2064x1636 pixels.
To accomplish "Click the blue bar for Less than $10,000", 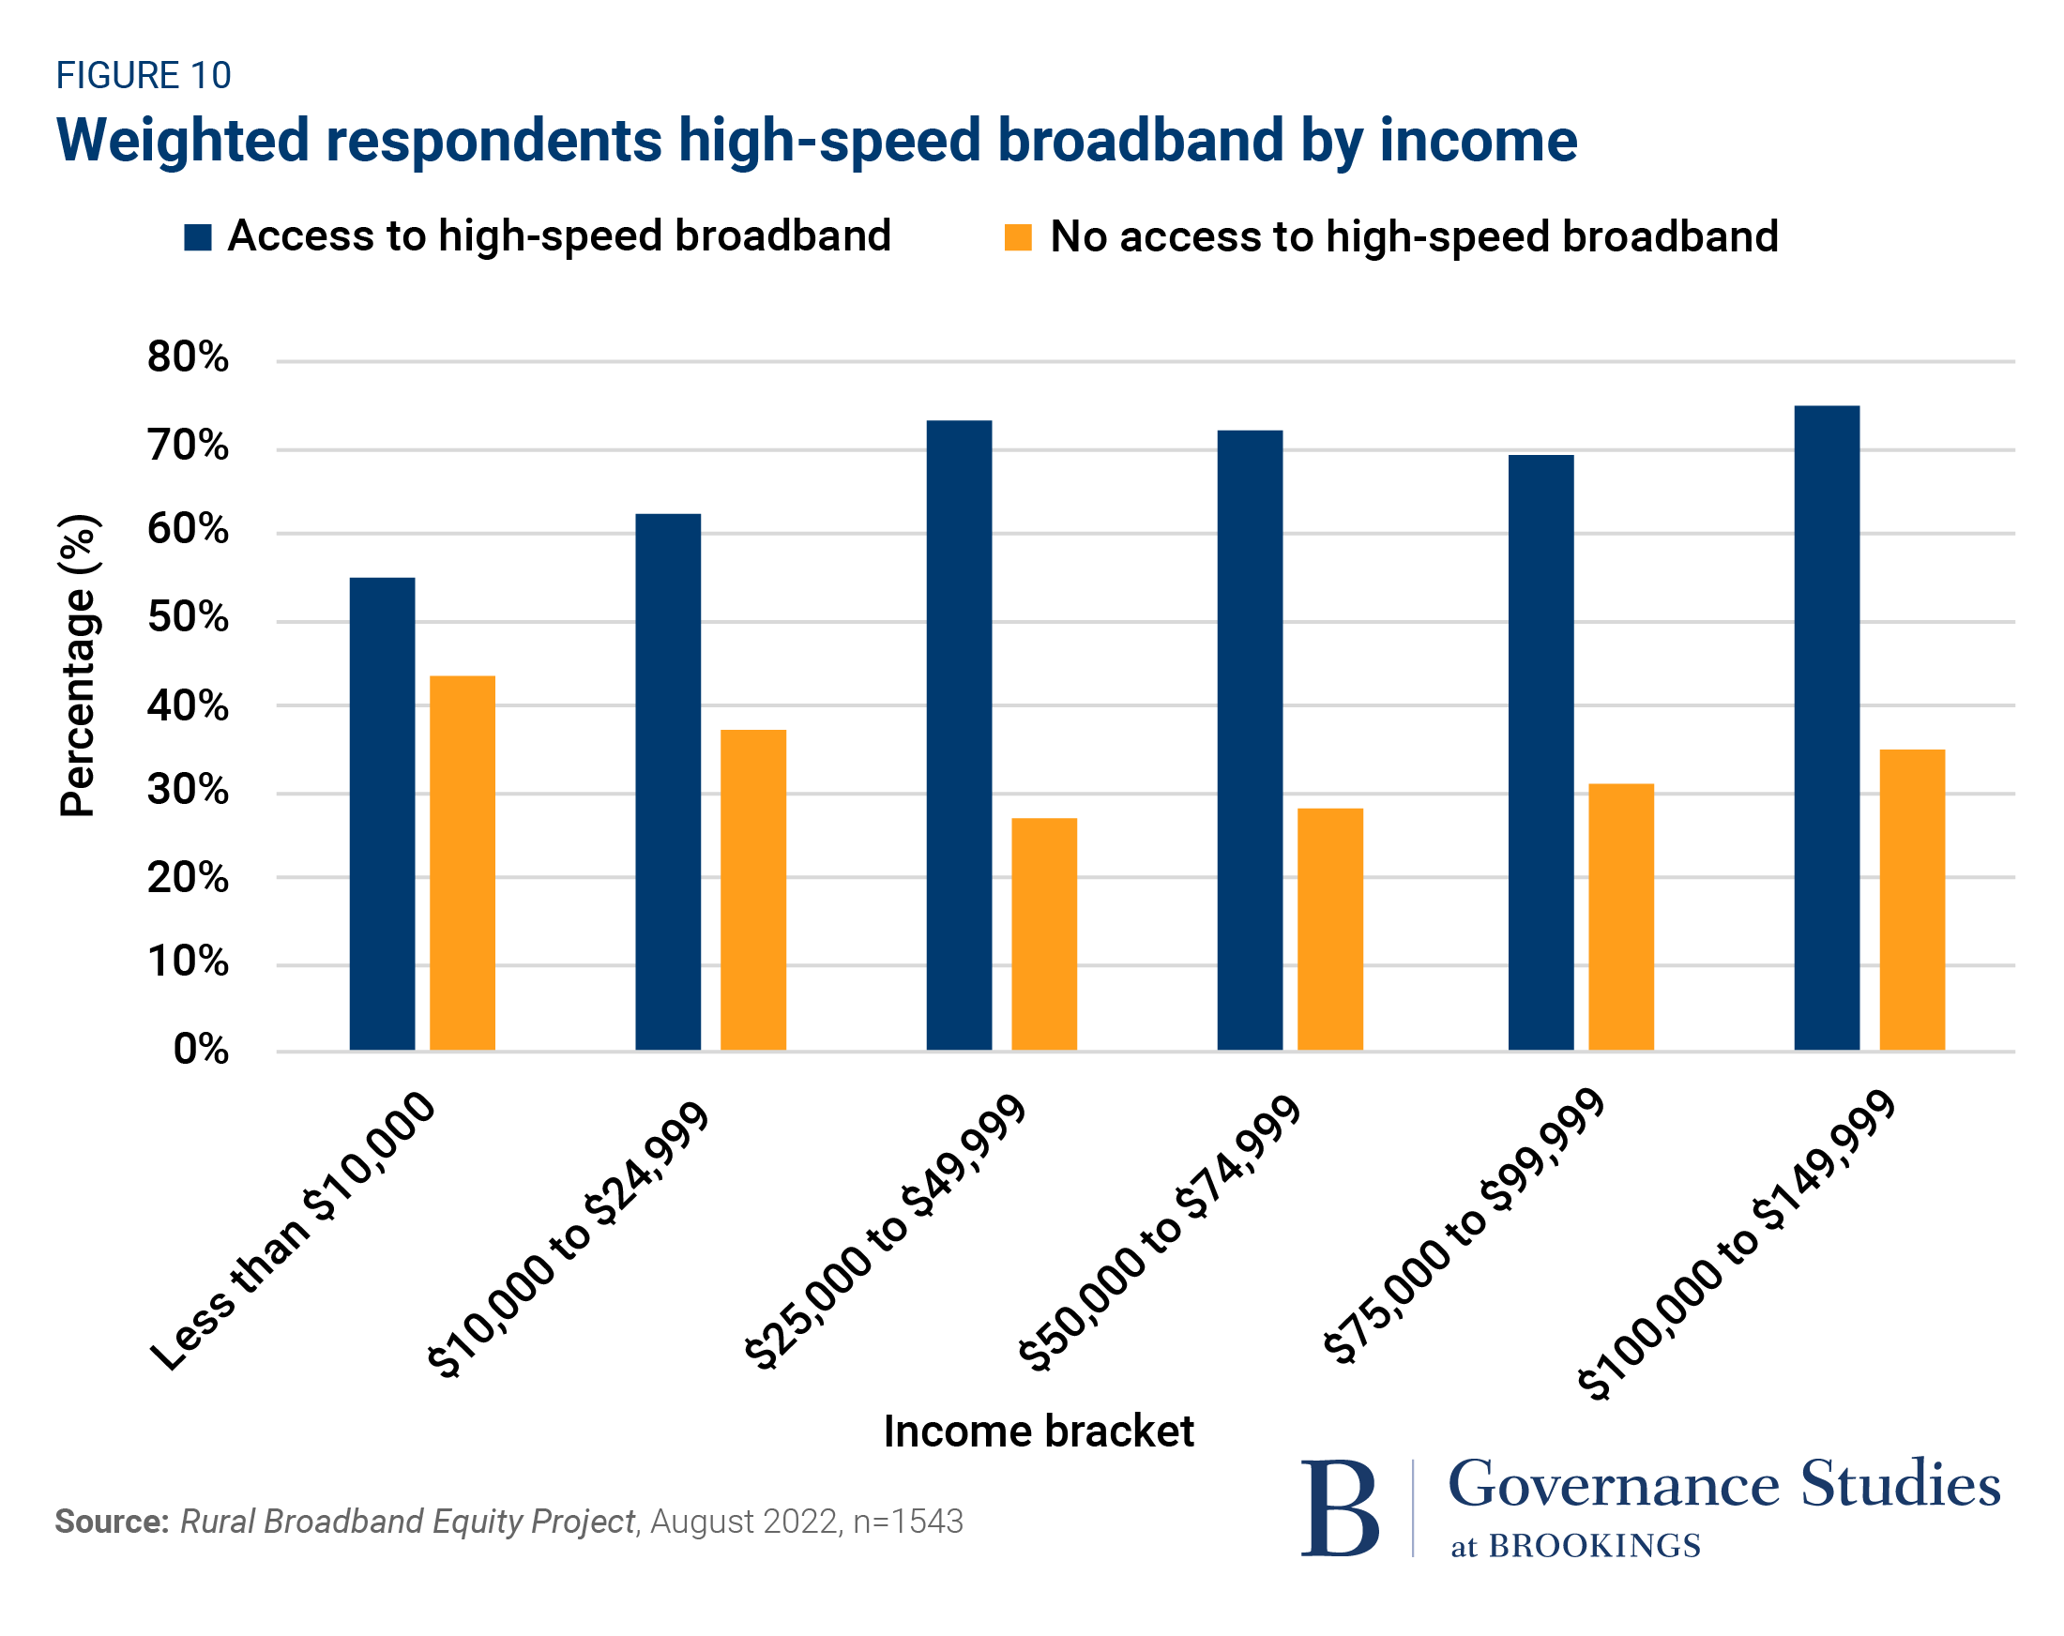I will [382, 813].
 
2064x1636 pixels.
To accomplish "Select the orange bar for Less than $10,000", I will [463, 862].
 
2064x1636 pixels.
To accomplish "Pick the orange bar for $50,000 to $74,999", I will [1329, 929].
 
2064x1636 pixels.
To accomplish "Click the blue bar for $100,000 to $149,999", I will [1827, 728].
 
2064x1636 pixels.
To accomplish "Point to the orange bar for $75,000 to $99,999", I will [1621, 916].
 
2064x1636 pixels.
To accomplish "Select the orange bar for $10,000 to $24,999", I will [753, 889].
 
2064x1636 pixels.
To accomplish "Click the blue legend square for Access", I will [197, 237].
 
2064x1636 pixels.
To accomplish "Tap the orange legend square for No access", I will [1018, 237].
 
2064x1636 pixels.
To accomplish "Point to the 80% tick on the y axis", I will [188, 358].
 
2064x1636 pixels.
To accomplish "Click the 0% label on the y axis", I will [201, 1050].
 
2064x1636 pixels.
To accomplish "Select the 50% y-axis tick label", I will [188, 618].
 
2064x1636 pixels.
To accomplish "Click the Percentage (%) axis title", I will [79, 665].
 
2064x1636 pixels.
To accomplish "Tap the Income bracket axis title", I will [1038, 1432].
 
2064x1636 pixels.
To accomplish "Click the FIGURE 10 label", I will [144, 76].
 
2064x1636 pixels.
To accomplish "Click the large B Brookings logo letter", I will [1340, 1508].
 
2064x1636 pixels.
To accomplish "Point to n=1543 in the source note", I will [907, 1522].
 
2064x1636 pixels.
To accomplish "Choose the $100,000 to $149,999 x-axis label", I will [1735, 1246].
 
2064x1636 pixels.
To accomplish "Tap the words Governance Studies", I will [1723, 1485].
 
